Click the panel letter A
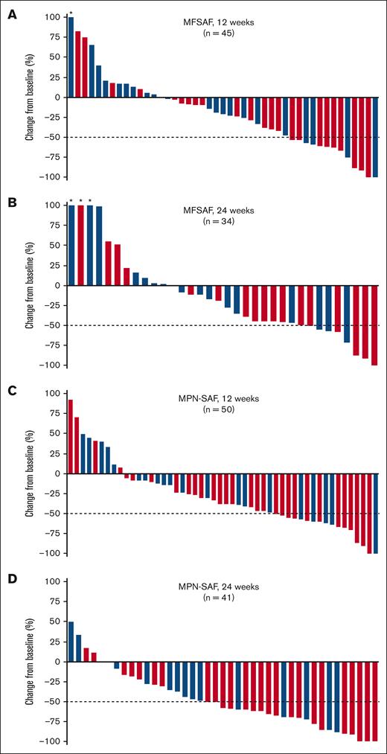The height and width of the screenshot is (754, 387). pos(10,13)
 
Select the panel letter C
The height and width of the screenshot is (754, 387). pos(10,389)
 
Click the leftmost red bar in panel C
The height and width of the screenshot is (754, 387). pos(71,436)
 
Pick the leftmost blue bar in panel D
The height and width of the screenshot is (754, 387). pos(71,641)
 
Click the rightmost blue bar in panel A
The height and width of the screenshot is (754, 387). pos(376,137)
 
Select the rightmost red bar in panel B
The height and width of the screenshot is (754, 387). pos(374,325)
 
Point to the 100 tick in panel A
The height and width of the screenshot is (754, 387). pos(53,17)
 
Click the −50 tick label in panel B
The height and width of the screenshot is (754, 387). pos(51,325)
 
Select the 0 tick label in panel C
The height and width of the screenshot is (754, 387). pos(57,473)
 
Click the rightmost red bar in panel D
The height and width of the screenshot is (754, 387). pos(376,701)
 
